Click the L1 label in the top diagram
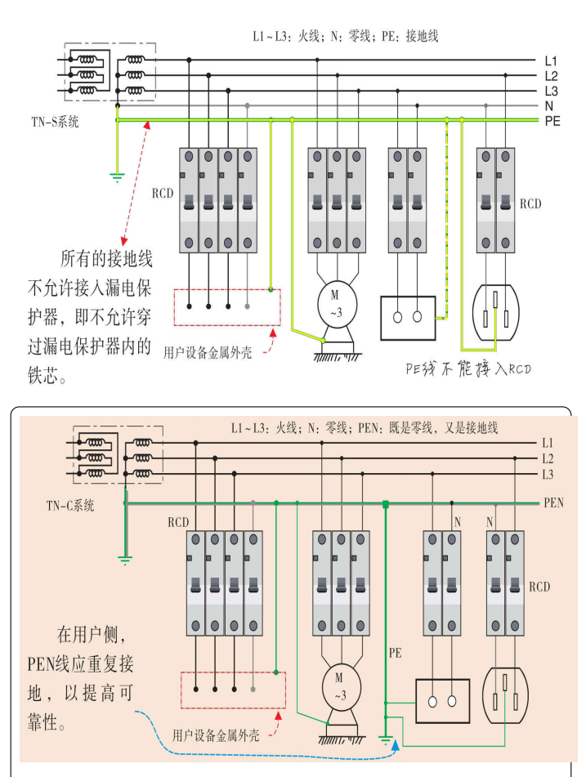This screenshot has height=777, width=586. coord(551,60)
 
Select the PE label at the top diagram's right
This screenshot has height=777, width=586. coord(552,120)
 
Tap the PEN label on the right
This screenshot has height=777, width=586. coord(554,503)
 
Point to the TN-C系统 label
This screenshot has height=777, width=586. coord(70,505)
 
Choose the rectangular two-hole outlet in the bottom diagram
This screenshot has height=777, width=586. coord(442,700)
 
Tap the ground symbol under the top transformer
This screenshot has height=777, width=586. coord(116,176)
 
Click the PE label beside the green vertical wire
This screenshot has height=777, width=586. coord(396,654)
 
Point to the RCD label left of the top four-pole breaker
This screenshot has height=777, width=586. coord(163,195)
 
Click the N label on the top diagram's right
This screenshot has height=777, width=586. coord(550,105)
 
